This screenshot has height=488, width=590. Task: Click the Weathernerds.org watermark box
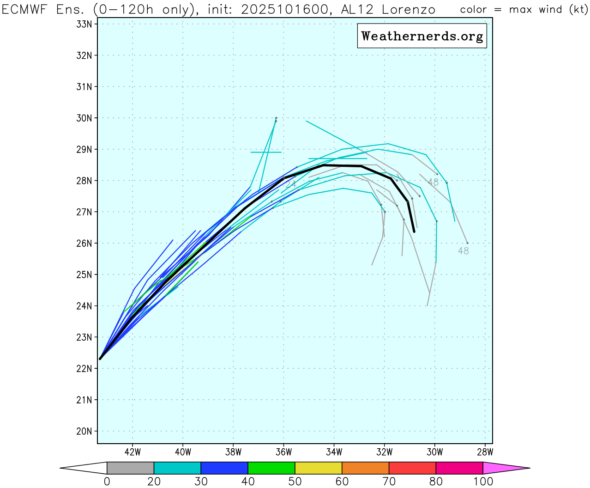click(x=422, y=36)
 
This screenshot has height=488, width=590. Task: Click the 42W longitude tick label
click(x=132, y=452)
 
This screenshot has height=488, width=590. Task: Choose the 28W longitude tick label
click(x=485, y=452)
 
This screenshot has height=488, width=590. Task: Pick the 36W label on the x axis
click(x=283, y=452)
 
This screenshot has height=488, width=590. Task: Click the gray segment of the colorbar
click(x=130, y=468)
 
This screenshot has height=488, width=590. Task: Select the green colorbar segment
click(x=271, y=468)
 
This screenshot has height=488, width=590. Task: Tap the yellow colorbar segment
click(x=319, y=468)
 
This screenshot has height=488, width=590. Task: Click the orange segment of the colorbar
click(x=365, y=468)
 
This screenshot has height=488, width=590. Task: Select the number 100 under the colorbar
click(x=483, y=482)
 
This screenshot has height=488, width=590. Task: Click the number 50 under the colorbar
click(x=295, y=482)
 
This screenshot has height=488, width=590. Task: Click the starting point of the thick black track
click(x=100, y=359)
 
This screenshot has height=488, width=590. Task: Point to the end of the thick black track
click(x=414, y=232)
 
